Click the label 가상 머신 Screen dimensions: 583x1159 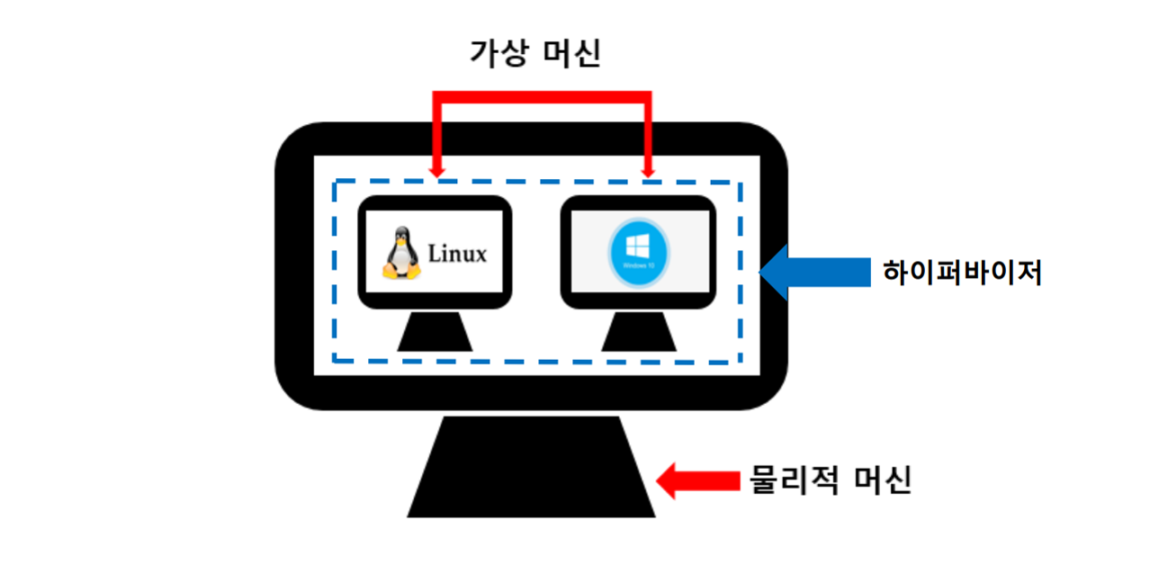click(x=535, y=54)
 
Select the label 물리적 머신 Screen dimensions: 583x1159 click(x=831, y=480)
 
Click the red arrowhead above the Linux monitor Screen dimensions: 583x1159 click(x=436, y=169)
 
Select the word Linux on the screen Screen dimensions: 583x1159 click(x=457, y=254)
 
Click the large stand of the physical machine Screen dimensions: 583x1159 click(x=531, y=468)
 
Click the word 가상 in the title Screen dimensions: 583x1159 click(x=496, y=54)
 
